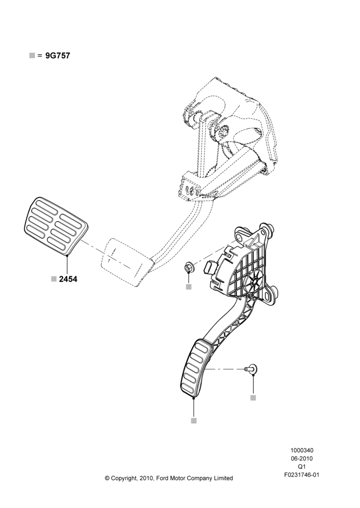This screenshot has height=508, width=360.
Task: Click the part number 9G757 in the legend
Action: [x=57, y=56]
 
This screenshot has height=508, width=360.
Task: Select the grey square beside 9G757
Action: [x=32, y=55]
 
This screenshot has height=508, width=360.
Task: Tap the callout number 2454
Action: [x=68, y=279]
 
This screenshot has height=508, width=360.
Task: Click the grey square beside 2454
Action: [x=54, y=278]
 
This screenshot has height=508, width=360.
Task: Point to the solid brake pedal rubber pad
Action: [x=56, y=225]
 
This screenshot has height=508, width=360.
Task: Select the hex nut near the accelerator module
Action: [x=188, y=268]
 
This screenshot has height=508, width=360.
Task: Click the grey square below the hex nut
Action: [x=189, y=287]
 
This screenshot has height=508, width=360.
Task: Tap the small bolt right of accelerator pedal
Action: [x=251, y=369]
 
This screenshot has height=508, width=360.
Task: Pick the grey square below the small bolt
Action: [x=253, y=398]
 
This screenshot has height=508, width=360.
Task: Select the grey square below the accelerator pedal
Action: [x=194, y=421]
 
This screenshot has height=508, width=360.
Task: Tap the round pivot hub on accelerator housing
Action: [x=255, y=281]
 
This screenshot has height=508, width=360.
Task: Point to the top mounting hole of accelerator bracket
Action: [x=241, y=238]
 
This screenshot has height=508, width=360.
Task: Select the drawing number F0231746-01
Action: [x=302, y=475]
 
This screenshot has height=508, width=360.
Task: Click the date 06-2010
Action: [x=302, y=458]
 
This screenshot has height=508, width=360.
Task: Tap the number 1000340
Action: [x=302, y=450]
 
